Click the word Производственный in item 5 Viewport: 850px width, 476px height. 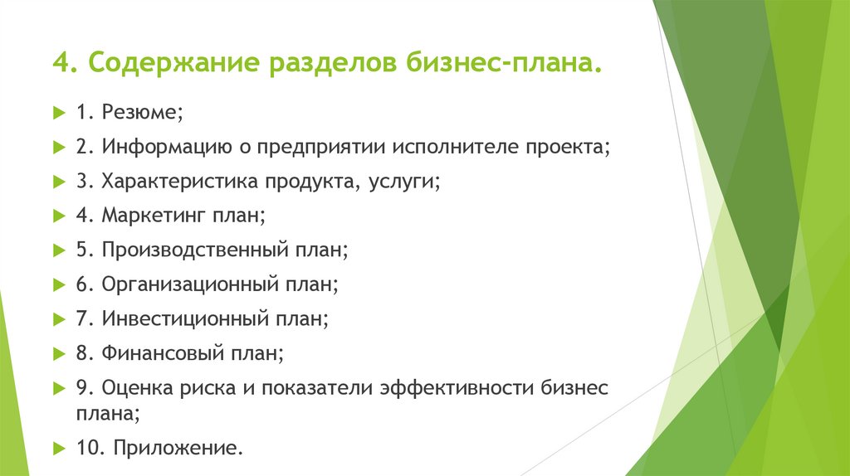(x=195, y=250)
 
